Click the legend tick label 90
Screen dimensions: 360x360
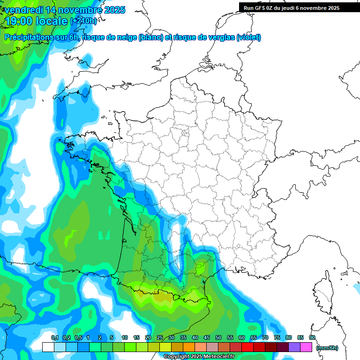point(312,337)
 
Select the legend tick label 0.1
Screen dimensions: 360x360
point(54,337)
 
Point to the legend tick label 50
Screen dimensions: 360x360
point(218,337)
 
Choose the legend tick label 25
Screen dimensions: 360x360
point(160,337)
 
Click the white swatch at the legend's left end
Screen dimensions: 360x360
point(48,347)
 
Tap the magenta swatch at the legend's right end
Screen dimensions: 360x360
point(306,347)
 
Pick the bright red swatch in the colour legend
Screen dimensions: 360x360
point(247,347)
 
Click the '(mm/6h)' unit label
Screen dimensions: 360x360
point(327,348)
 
